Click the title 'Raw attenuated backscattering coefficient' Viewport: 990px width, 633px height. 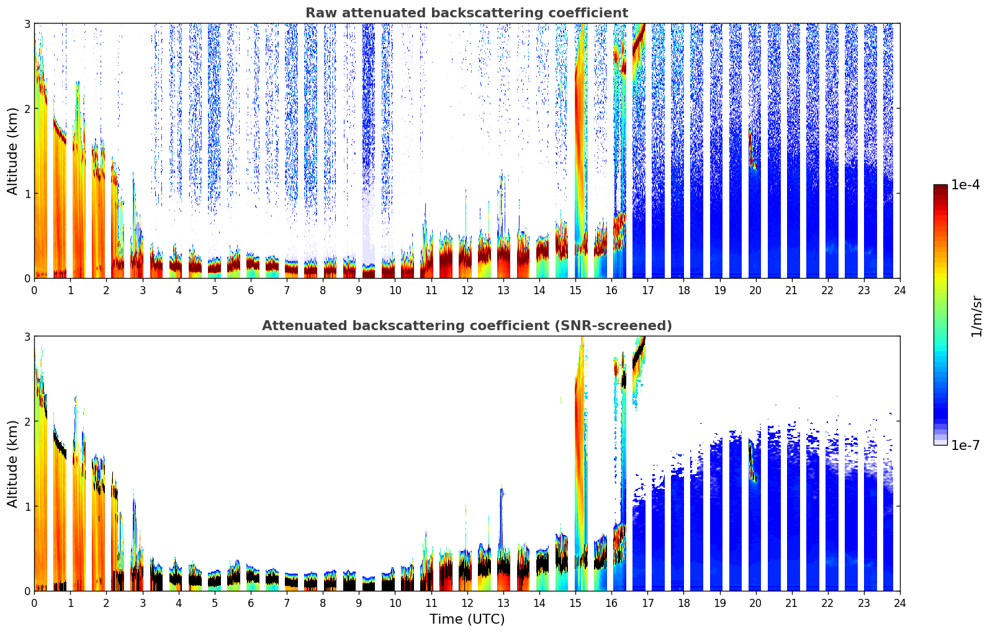(x=467, y=13)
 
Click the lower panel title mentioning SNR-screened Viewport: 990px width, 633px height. (x=467, y=326)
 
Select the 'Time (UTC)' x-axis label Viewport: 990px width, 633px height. (x=467, y=619)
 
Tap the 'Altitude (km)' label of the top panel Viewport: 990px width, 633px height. (x=13, y=151)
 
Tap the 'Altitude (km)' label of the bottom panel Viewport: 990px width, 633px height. (x=13, y=464)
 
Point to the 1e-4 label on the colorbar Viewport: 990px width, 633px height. (x=965, y=185)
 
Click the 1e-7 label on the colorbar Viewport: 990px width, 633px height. (x=965, y=445)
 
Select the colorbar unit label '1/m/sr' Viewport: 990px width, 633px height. (x=976, y=316)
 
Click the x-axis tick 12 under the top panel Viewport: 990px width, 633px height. (x=467, y=290)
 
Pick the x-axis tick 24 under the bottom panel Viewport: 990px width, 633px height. (x=899, y=603)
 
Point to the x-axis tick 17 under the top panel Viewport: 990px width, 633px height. (x=647, y=290)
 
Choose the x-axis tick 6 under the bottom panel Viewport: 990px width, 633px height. (x=251, y=603)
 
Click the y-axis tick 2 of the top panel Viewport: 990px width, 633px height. (x=27, y=109)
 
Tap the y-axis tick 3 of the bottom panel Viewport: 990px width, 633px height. (x=27, y=336)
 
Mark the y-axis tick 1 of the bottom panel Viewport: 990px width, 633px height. (x=27, y=506)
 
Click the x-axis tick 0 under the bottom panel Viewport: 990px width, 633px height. (x=34, y=603)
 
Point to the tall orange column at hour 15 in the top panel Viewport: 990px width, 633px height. (x=580, y=155)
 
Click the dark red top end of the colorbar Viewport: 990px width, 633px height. (x=940, y=187)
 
